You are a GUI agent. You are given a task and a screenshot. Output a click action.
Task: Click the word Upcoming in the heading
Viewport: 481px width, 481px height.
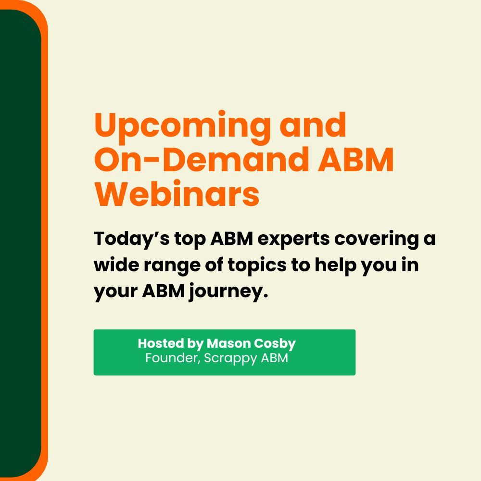coord(182,127)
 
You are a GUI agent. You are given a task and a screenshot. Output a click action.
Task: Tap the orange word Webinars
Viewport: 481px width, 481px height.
coord(177,194)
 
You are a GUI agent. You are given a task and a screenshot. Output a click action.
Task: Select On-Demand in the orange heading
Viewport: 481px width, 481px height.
coord(202,160)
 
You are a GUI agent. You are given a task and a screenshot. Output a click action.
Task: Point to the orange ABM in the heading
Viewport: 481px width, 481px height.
coord(355,160)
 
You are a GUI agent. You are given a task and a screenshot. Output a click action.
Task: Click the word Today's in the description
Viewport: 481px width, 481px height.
coord(132,239)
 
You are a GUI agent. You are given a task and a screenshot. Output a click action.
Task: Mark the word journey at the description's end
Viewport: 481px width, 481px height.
coord(228,291)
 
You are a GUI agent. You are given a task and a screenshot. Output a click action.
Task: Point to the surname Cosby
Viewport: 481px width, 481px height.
coord(275,344)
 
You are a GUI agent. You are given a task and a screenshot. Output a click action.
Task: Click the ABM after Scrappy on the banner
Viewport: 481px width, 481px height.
coord(275,358)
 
